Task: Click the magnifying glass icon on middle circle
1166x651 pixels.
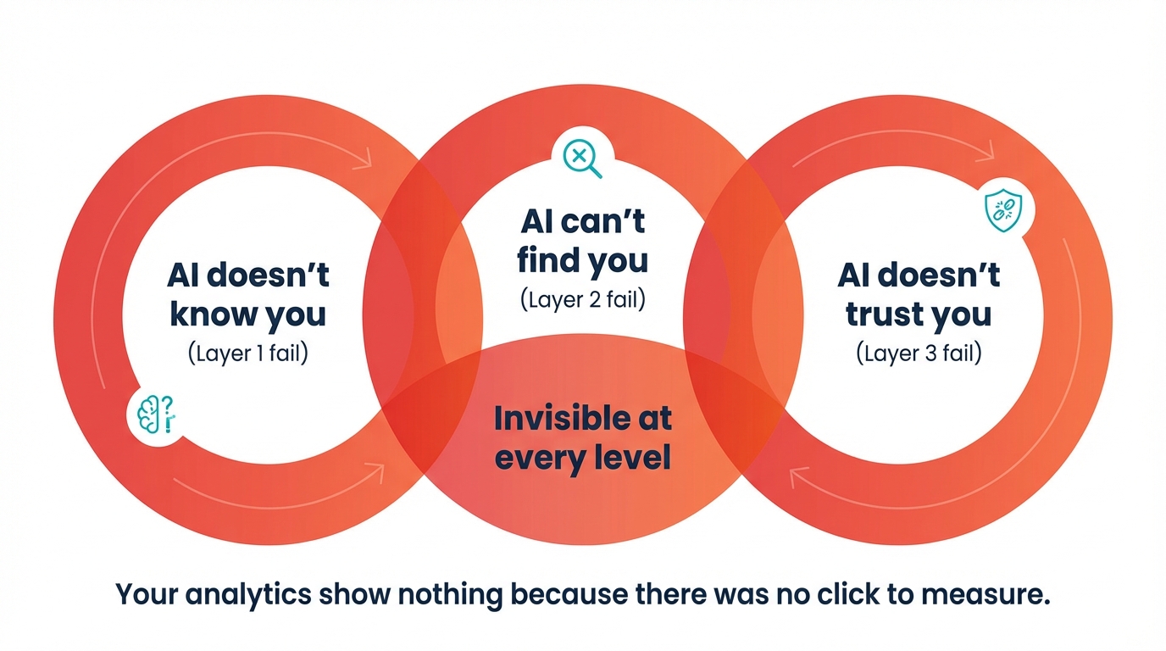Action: click(x=580, y=157)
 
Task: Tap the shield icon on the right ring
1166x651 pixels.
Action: click(x=1002, y=209)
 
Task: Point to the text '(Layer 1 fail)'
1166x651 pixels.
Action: click(x=247, y=353)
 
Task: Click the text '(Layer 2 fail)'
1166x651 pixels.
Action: click(x=582, y=299)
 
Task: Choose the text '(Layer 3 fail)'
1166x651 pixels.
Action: click(x=919, y=353)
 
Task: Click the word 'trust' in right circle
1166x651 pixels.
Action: click(x=881, y=314)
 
